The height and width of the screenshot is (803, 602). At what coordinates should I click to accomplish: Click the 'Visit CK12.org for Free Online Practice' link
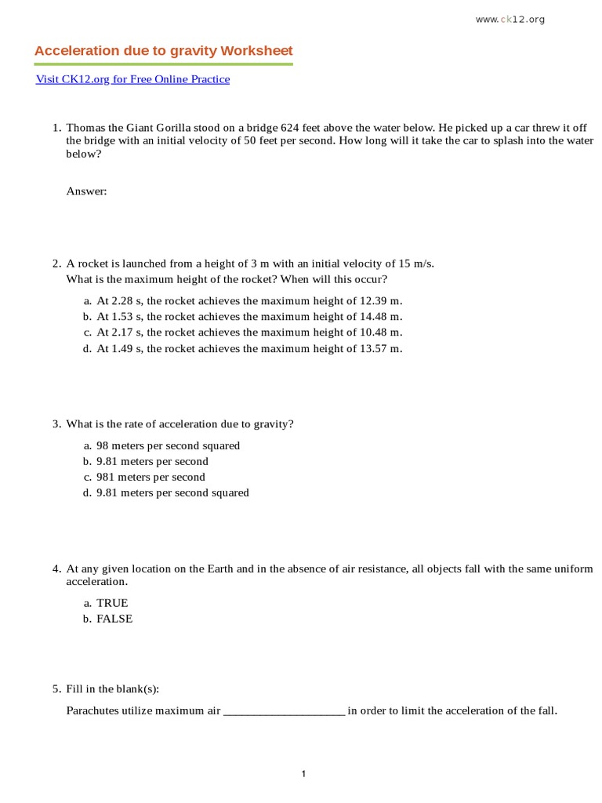(x=132, y=79)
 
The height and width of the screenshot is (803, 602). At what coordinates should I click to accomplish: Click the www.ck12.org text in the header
(x=510, y=20)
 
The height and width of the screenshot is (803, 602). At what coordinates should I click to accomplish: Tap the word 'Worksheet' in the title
(x=256, y=51)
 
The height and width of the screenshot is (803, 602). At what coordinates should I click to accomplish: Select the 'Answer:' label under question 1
(x=86, y=191)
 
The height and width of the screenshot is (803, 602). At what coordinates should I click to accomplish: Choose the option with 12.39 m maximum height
(x=249, y=301)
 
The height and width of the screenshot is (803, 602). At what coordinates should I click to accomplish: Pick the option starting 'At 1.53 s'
(x=249, y=317)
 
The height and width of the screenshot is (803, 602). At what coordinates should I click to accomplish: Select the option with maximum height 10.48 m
(x=249, y=332)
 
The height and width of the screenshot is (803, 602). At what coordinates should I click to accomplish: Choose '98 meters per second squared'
(x=168, y=445)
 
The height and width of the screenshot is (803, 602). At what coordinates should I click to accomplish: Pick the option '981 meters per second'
(x=150, y=477)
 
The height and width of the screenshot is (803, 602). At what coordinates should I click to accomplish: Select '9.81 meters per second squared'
(x=172, y=492)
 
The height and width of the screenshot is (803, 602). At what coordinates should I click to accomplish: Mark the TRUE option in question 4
(x=112, y=603)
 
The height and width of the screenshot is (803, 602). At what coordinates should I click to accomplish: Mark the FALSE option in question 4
(x=114, y=619)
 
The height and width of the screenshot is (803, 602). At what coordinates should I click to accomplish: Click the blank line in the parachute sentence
(x=284, y=711)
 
